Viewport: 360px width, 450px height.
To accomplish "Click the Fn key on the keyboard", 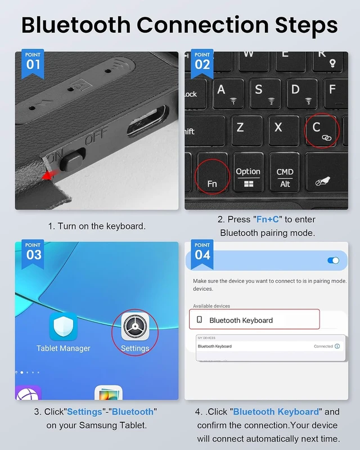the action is click(x=213, y=173).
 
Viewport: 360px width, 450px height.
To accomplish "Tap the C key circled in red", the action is click(x=321, y=130).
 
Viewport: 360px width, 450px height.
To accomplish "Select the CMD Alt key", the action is click(x=285, y=172).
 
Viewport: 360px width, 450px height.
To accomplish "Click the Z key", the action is click(x=246, y=130).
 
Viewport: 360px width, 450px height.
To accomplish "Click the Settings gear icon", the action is click(x=135, y=326).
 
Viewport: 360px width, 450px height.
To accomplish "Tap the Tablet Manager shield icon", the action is click(x=63, y=326).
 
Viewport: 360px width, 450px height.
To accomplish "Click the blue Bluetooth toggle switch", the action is click(x=334, y=260).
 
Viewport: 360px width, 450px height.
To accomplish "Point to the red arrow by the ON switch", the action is click(x=50, y=174).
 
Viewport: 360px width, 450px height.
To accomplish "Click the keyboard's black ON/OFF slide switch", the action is click(x=72, y=159).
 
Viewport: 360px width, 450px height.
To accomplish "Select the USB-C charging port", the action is click(x=147, y=121).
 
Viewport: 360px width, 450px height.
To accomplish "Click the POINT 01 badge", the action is click(x=33, y=63).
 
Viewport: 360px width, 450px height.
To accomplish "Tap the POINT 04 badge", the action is click(x=202, y=254).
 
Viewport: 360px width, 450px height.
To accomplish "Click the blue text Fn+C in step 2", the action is click(x=268, y=219).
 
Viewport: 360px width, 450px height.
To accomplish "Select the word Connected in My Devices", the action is click(x=323, y=346).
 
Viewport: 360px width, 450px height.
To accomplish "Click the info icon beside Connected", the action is click(x=337, y=346).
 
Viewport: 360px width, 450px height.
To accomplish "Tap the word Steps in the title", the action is click(x=307, y=25).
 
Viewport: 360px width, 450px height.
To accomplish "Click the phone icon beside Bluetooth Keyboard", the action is click(x=199, y=319).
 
